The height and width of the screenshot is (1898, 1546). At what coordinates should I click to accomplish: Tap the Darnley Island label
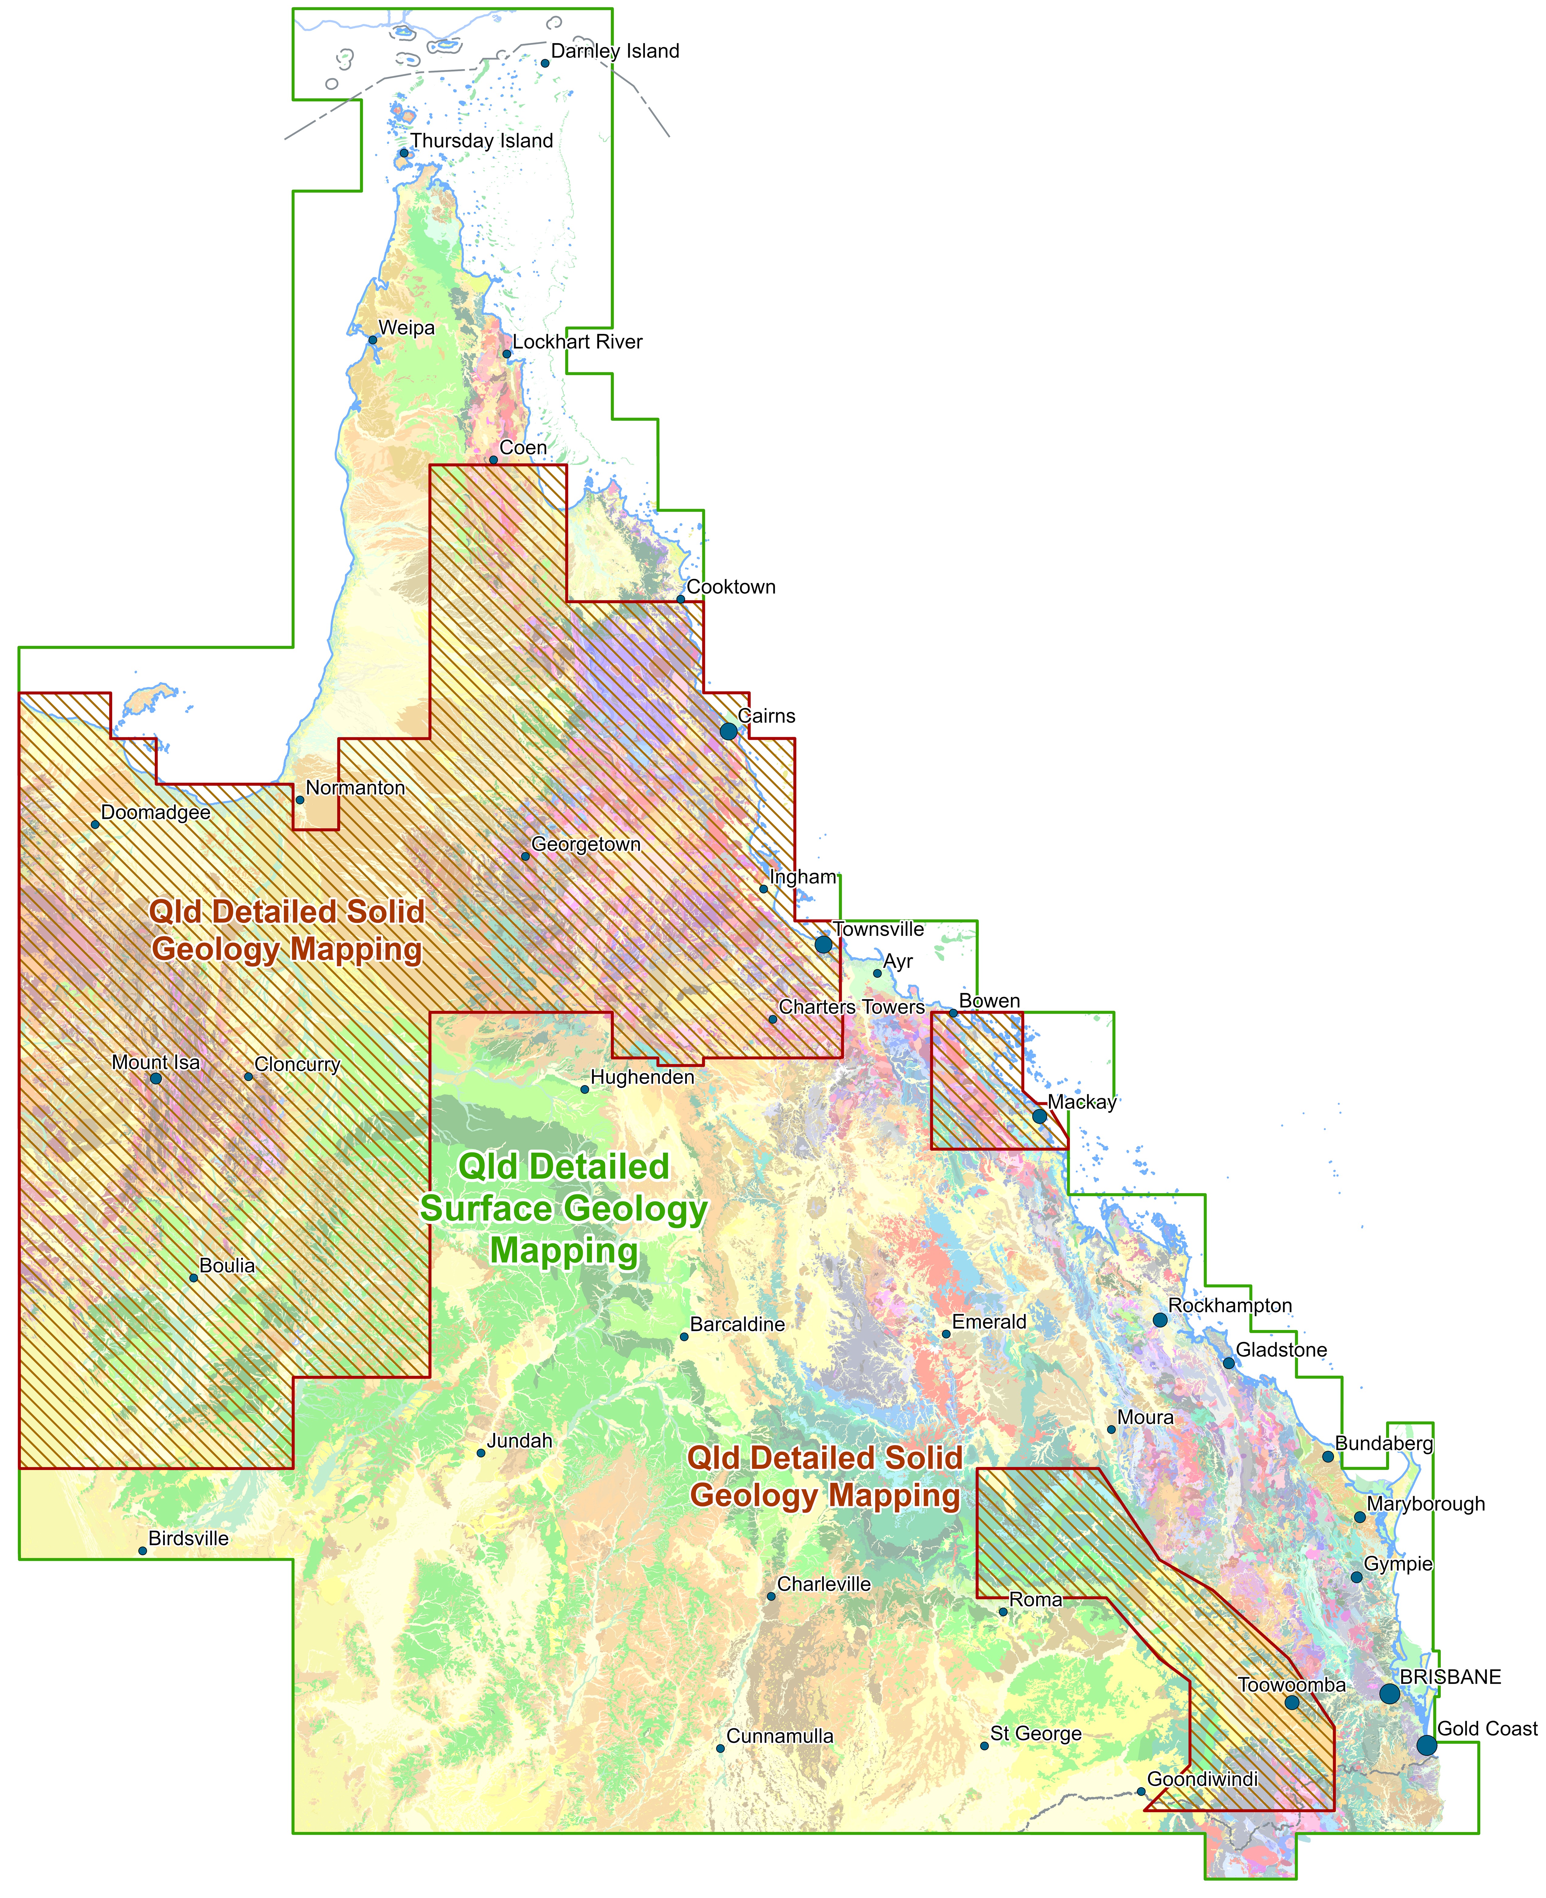pyautogui.click(x=615, y=51)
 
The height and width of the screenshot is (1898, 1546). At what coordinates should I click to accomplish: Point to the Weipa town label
pyautogui.click(x=406, y=328)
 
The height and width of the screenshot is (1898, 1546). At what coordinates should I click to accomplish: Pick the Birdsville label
pyautogui.click(x=188, y=1538)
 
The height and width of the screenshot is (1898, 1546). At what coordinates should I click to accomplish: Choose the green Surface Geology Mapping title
pyautogui.click(x=564, y=1209)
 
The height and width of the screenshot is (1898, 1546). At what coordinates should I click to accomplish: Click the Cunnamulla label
pyautogui.click(x=779, y=1736)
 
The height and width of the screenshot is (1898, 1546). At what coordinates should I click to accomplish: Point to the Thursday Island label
pyautogui.click(x=481, y=141)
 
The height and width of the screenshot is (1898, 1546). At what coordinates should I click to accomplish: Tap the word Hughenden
pyautogui.click(x=642, y=1077)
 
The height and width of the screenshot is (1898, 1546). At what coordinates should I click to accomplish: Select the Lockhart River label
pyautogui.click(x=577, y=342)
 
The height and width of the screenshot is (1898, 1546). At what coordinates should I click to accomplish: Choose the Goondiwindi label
pyautogui.click(x=1202, y=1779)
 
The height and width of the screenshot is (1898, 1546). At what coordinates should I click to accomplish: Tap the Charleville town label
pyautogui.click(x=824, y=1584)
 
